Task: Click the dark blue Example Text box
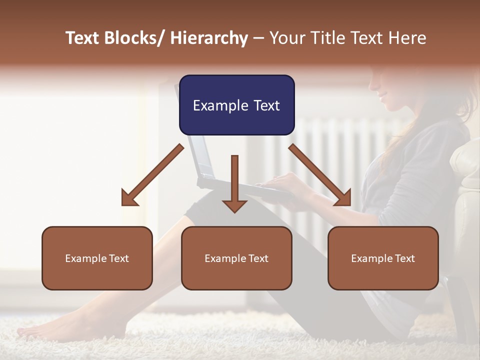tap(236, 105)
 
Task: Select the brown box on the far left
tap(97, 258)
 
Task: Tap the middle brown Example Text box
tap(236, 258)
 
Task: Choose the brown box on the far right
tap(383, 258)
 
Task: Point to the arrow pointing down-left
tap(152, 175)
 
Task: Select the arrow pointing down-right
tap(320, 175)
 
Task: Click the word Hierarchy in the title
tap(209, 38)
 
